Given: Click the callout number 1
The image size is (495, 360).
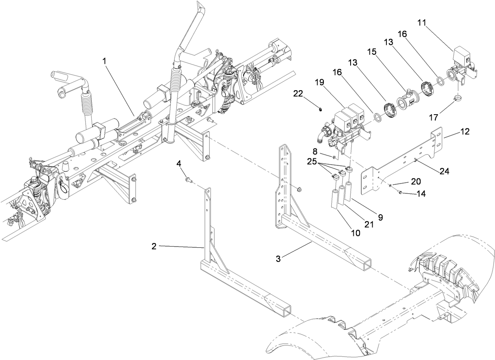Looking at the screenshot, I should (x=104, y=61).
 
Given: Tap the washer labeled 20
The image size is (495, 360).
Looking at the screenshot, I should (x=390, y=186).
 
